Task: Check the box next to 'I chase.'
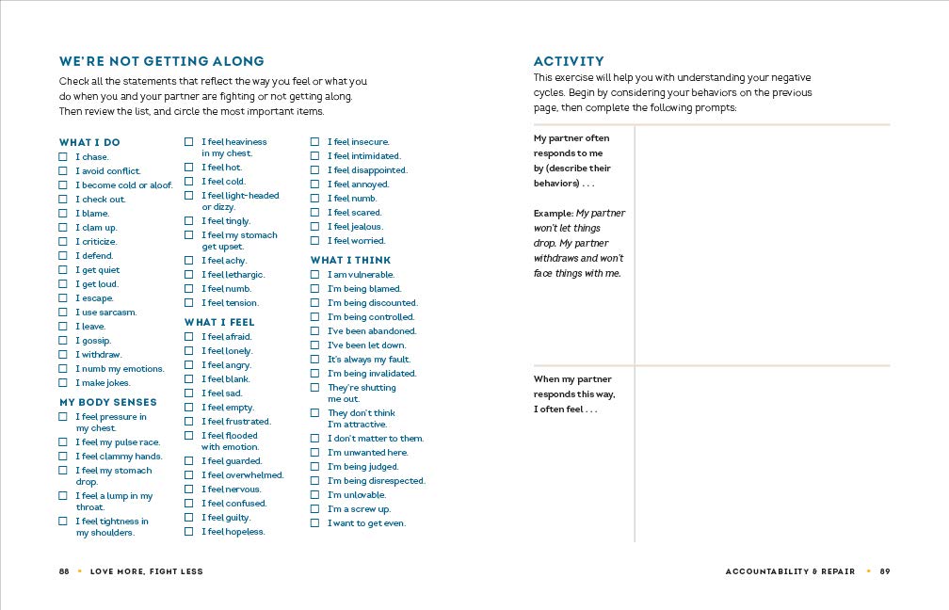click(x=63, y=157)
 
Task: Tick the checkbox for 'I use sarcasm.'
click(x=63, y=313)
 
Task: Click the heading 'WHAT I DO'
click(x=89, y=143)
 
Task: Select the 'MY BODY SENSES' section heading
click(x=108, y=402)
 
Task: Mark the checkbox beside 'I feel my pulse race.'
click(x=63, y=442)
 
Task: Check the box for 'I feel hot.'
click(x=189, y=168)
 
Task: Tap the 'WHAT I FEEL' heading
click(x=219, y=322)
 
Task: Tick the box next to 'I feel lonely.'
click(x=189, y=351)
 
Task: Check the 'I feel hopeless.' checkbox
click(x=189, y=532)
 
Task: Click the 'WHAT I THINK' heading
click(x=350, y=260)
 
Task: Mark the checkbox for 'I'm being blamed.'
click(x=315, y=289)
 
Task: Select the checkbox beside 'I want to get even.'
click(x=315, y=523)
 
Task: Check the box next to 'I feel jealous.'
click(x=315, y=227)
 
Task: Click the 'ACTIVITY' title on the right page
click(x=569, y=61)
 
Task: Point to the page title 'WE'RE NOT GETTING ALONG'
click(x=162, y=61)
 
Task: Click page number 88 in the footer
click(x=64, y=571)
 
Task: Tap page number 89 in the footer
click(x=885, y=571)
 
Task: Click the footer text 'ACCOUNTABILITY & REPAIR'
click(x=790, y=571)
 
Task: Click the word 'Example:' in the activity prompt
click(x=554, y=214)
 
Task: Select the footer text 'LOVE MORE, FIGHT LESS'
click(x=146, y=571)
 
